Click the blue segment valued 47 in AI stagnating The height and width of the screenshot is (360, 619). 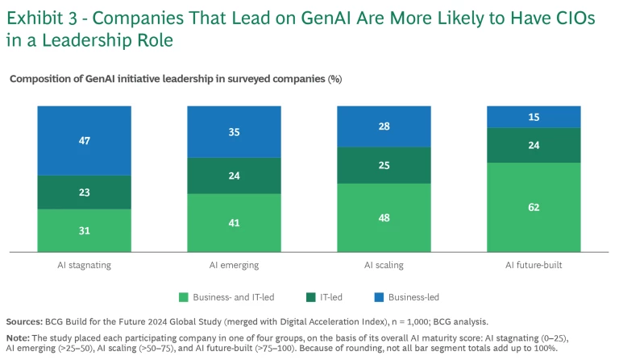(85, 141)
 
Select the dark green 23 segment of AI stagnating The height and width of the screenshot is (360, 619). (85, 192)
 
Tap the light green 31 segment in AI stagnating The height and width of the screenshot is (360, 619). (85, 230)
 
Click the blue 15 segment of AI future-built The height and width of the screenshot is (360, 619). (533, 117)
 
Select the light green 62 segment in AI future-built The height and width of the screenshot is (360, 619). (533, 206)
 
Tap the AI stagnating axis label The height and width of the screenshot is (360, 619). (85, 263)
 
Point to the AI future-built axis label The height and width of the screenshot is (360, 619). (533, 263)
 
